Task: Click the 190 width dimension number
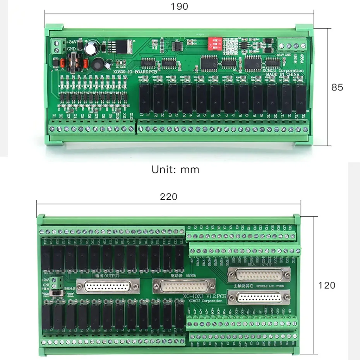click(x=179, y=6)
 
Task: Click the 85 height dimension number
click(x=337, y=87)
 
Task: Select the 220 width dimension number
click(x=169, y=197)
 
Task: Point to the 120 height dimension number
click(x=327, y=285)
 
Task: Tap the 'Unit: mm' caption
click(x=175, y=170)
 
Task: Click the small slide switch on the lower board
click(x=60, y=294)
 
